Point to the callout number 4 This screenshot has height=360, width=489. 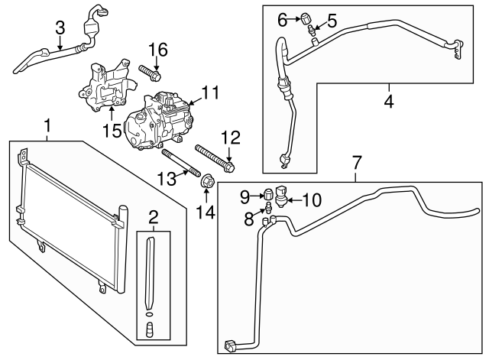pyautogui.click(x=388, y=99)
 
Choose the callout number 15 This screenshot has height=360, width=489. pyautogui.click(x=112, y=130)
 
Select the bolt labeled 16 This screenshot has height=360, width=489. pyautogui.click(x=151, y=74)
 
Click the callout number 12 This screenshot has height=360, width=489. pyautogui.click(x=230, y=138)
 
